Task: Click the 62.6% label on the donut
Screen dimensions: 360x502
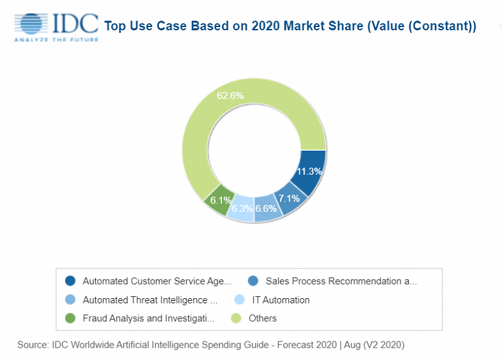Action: click(x=230, y=96)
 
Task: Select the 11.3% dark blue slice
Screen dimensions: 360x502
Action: click(x=309, y=171)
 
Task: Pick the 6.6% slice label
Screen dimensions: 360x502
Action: click(x=266, y=209)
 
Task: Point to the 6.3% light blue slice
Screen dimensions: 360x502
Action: click(x=242, y=208)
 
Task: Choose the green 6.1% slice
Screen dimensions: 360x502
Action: click(x=217, y=200)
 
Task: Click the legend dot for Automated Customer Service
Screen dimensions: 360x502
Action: click(x=70, y=281)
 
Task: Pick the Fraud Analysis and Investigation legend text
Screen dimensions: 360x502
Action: click(x=148, y=318)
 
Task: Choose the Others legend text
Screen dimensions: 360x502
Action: click(x=262, y=318)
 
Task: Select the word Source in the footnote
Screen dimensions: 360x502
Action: click(x=33, y=345)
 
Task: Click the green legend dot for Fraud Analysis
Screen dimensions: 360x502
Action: click(x=70, y=318)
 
